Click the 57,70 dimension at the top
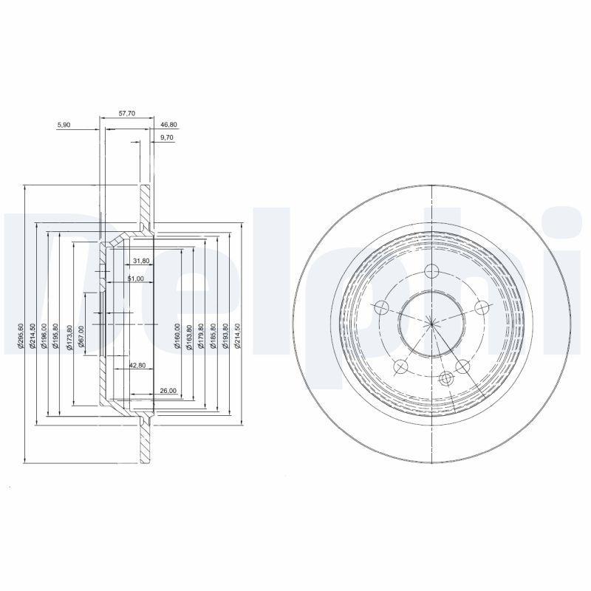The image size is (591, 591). point(127,114)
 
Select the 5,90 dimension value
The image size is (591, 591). point(64,125)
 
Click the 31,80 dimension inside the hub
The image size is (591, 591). point(141,261)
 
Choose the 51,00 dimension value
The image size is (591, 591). point(135,279)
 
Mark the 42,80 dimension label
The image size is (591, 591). point(137,365)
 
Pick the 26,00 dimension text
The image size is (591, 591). point(167,390)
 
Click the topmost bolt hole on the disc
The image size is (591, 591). point(432,270)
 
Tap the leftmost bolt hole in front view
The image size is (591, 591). point(382,307)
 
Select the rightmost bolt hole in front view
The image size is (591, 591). point(482,307)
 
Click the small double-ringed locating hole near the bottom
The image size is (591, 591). point(445,379)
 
